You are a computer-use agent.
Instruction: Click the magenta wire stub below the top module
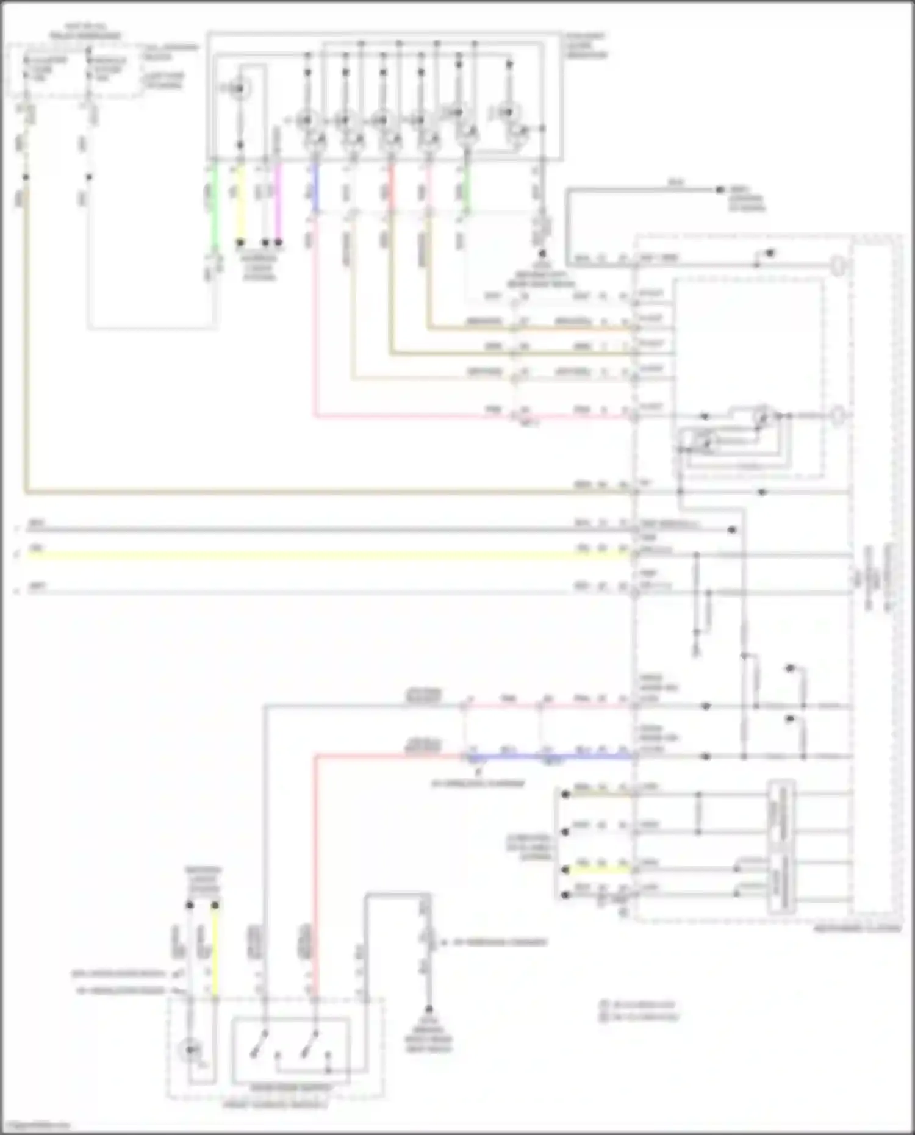tap(279, 201)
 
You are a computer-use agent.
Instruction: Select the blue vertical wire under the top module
tap(315, 186)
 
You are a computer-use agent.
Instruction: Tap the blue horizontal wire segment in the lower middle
tap(586, 757)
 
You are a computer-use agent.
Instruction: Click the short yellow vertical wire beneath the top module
tap(240, 201)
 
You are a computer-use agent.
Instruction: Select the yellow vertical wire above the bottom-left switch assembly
tap(215, 951)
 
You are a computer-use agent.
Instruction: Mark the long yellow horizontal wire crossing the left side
tap(305, 555)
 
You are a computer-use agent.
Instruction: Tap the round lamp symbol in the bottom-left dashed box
tap(190, 1050)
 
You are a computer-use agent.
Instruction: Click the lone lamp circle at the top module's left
tap(239, 89)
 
